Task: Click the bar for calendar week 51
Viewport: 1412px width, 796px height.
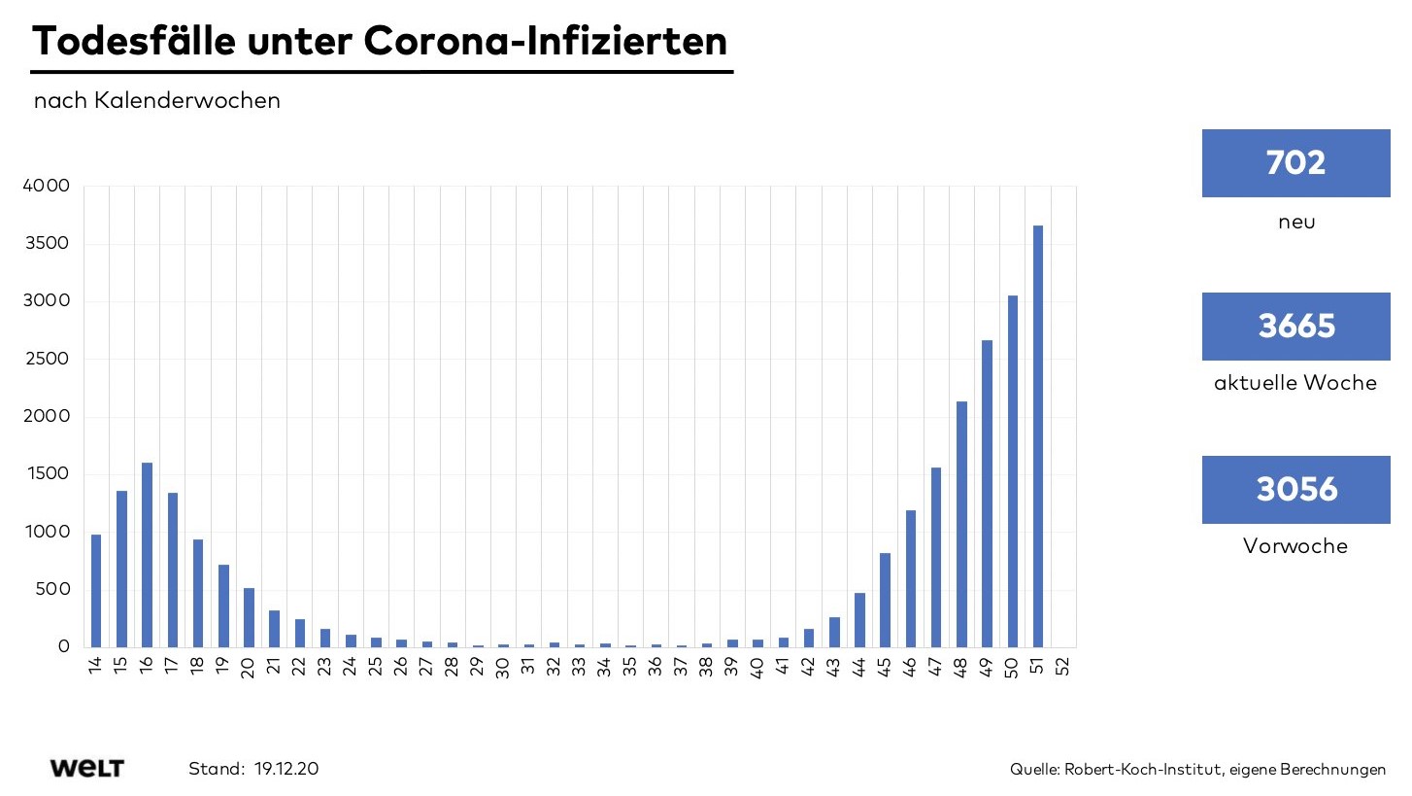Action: (x=1038, y=436)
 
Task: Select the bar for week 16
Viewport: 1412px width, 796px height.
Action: (x=147, y=555)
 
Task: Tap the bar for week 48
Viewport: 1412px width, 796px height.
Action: (x=961, y=524)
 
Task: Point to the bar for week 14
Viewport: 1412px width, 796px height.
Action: (x=96, y=591)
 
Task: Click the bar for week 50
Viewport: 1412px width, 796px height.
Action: (x=1013, y=471)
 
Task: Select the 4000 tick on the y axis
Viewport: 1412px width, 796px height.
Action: (x=46, y=186)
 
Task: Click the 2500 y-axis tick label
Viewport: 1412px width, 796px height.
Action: (x=46, y=359)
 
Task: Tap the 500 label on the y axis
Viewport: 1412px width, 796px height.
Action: (x=50, y=589)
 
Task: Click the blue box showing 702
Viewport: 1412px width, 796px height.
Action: (x=1295, y=163)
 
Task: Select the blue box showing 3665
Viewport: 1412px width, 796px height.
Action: (x=1295, y=327)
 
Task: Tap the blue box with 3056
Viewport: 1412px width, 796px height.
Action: (x=1295, y=490)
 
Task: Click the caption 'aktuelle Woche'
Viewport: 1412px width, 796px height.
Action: (x=1295, y=383)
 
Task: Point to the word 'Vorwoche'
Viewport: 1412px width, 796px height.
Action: (x=1295, y=546)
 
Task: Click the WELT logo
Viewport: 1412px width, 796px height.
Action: (x=87, y=769)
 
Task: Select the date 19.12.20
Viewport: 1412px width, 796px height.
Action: (x=286, y=769)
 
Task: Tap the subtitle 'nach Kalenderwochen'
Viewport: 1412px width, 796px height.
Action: (x=157, y=101)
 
